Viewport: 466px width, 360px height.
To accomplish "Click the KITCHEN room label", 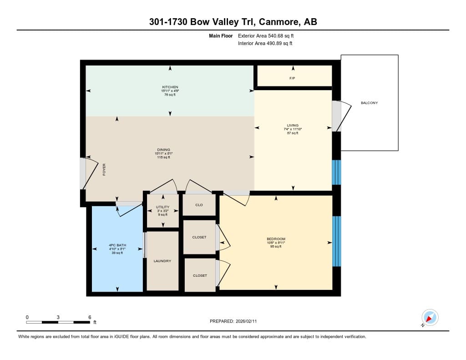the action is pos(170,87).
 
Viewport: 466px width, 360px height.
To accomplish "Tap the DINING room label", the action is pos(163,150).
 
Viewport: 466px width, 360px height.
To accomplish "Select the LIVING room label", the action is pos(293,126).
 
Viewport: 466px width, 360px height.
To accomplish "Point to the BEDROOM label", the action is pos(276,239).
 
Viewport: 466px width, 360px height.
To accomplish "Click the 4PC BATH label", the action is pos(117,245).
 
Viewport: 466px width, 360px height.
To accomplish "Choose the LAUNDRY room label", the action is pos(162,261).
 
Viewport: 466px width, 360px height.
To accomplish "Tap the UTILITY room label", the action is pos(162,207).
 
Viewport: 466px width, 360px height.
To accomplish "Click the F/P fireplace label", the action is pos(292,78).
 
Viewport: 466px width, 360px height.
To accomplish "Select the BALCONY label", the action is pos(370,103).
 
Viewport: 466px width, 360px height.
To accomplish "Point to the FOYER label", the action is pos(104,169).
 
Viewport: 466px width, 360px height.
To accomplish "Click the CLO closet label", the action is pos(199,205).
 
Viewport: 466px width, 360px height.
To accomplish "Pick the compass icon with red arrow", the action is pos(430,318).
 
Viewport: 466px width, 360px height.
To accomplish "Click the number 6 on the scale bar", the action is pos(90,317).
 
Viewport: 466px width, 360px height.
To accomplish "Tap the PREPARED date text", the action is pos(233,321).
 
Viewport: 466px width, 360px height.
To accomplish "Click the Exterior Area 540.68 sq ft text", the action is pos(266,35).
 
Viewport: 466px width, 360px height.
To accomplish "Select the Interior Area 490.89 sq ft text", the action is pos(265,43).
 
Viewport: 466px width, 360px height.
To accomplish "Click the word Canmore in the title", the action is pos(279,22).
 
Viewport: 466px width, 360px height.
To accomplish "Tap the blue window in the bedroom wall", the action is pos(336,241).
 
